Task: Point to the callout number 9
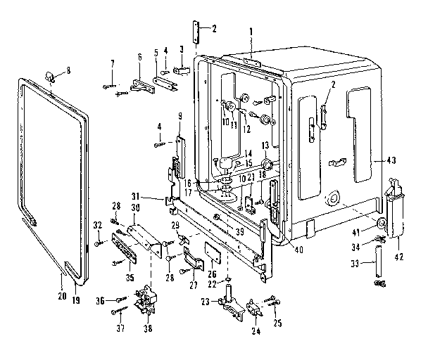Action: pos(180,115)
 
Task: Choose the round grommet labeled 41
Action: pos(380,224)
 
